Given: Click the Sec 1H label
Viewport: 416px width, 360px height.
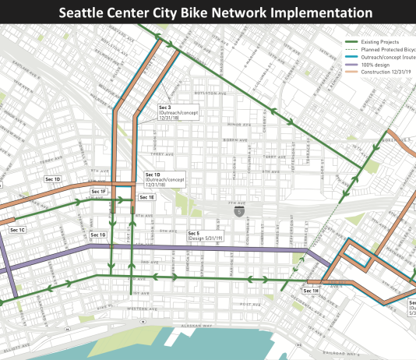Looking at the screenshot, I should (x=310, y=291).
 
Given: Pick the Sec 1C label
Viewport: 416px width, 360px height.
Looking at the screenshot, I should (x=18, y=230).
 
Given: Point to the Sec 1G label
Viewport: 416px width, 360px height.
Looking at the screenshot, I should (x=97, y=235).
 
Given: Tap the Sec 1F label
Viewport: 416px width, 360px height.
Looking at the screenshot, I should (x=98, y=191).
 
